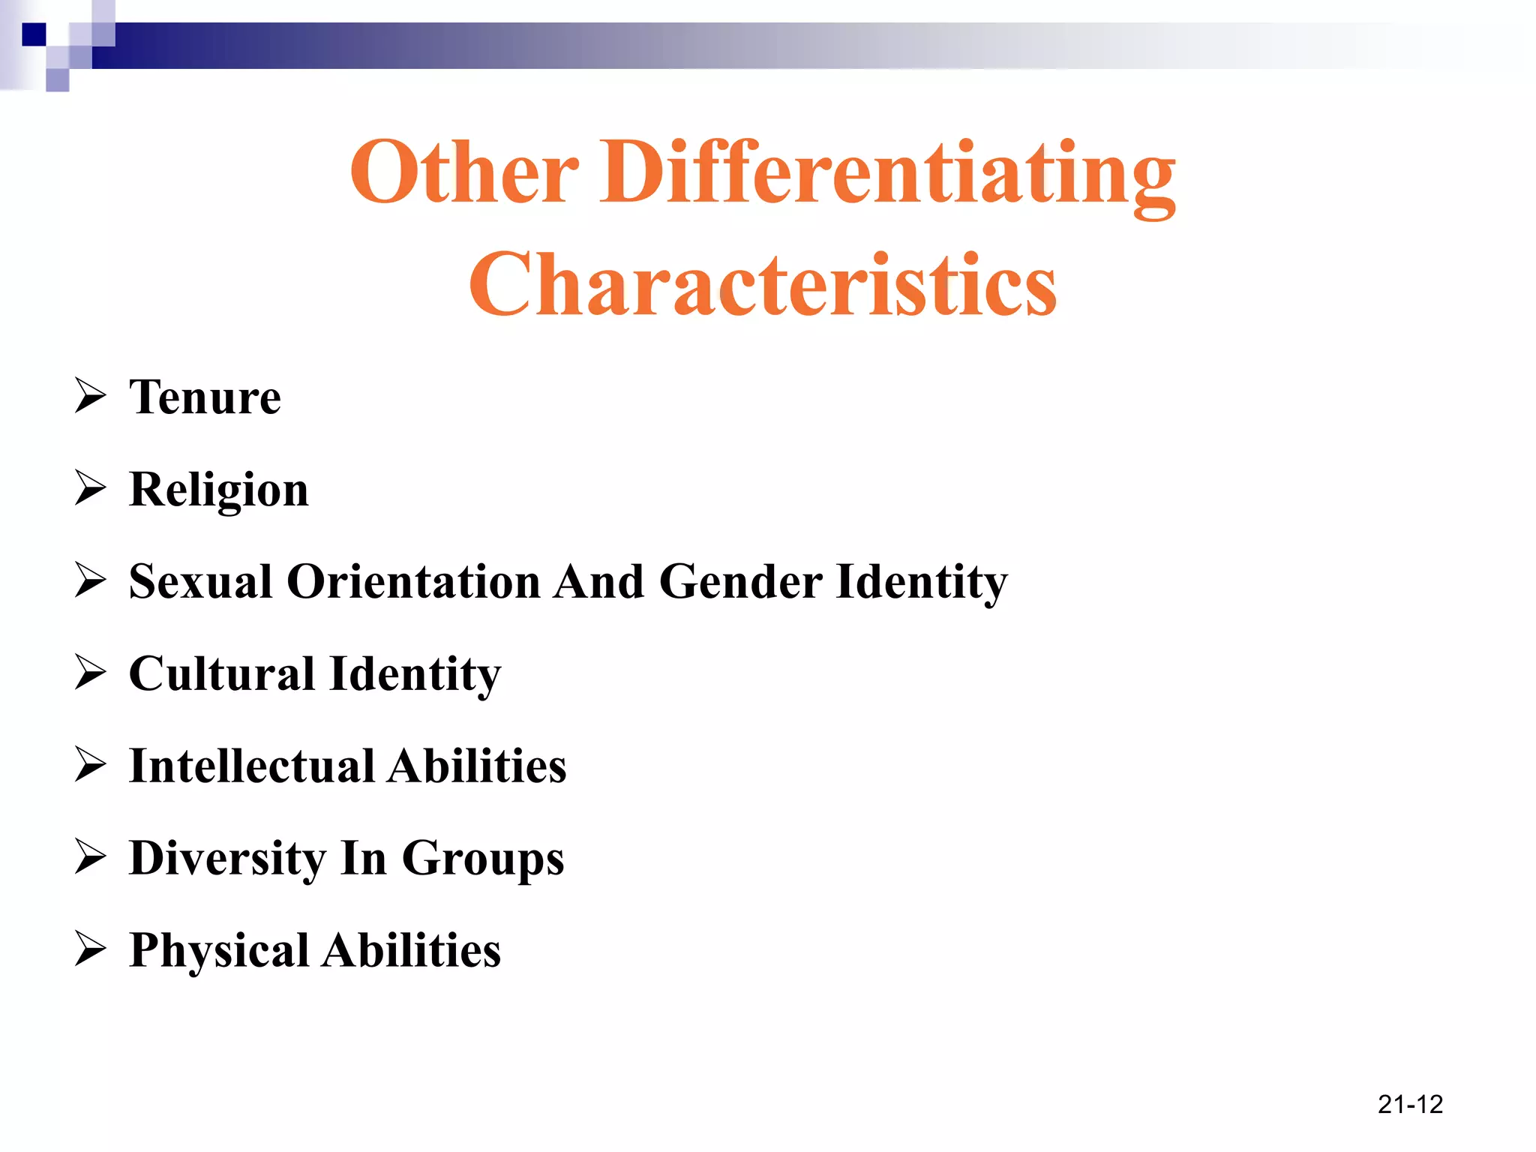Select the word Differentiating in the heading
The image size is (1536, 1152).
[x=887, y=175]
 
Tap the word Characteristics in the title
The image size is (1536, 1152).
[x=763, y=284]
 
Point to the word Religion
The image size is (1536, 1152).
[x=218, y=490]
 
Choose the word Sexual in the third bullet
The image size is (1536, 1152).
[x=200, y=581]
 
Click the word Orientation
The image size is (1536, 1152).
[x=413, y=581]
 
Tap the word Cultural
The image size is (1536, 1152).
[x=222, y=673]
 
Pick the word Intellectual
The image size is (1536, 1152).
[x=252, y=766]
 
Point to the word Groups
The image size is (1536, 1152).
[x=483, y=859]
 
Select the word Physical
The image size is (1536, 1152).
[x=219, y=951]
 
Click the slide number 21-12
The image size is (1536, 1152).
[x=1410, y=1104]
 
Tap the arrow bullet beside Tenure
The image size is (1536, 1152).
[x=91, y=396]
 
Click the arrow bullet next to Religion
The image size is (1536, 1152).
[x=91, y=488]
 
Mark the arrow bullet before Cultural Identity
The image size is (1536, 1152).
[x=91, y=673]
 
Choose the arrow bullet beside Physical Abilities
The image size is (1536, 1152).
[x=91, y=949]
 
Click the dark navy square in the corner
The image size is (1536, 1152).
[x=34, y=34]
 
